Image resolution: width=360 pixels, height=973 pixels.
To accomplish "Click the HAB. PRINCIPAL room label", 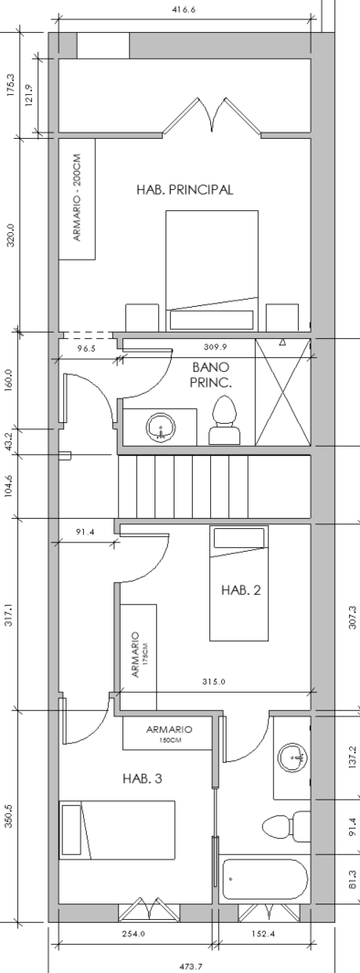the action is coord(185,190).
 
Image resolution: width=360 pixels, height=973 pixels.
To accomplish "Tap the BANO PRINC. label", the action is coord(211,376).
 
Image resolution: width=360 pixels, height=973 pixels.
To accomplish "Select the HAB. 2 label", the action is coord(241,590).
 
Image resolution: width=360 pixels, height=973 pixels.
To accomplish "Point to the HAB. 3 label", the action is coord(143,778).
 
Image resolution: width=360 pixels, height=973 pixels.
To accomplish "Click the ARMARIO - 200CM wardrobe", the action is coord(77,199).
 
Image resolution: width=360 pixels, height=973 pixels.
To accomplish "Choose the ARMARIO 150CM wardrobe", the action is coord(169,734).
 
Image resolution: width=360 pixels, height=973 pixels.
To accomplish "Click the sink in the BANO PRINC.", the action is coord(160,428).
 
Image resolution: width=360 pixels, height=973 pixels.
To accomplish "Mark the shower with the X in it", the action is coord(283,392).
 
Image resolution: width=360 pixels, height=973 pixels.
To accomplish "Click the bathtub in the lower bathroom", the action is coord(264,879).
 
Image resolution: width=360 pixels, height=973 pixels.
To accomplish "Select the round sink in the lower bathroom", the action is coord(292,757).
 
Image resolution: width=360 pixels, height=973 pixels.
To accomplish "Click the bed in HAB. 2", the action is coord(239,583).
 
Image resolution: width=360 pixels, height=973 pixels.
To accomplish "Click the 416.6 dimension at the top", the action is coord(185,9).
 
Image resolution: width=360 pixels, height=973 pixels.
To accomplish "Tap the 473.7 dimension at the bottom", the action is coord(191,967).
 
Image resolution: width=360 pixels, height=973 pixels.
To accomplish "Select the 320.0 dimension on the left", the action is coord(10,235).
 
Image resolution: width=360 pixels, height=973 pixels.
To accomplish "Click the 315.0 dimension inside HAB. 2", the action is coord(214,682).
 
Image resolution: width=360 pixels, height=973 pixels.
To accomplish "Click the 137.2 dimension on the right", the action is coord(353,756).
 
